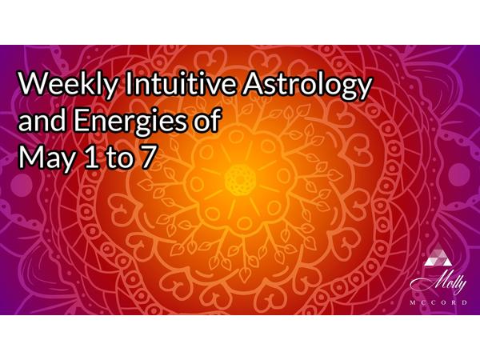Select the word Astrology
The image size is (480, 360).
click(307, 85)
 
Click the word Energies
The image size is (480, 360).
click(130, 122)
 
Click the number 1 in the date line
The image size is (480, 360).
click(92, 157)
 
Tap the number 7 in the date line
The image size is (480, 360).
click(146, 157)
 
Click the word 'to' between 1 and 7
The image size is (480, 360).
click(120, 158)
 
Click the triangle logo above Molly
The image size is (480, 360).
click(438, 256)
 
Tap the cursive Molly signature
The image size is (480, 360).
click(438, 283)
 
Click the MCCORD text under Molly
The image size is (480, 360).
click(438, 302)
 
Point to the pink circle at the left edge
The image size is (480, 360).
click(22, 185)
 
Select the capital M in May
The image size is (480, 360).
click(30, 157)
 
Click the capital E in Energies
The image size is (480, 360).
click(81, 120)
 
